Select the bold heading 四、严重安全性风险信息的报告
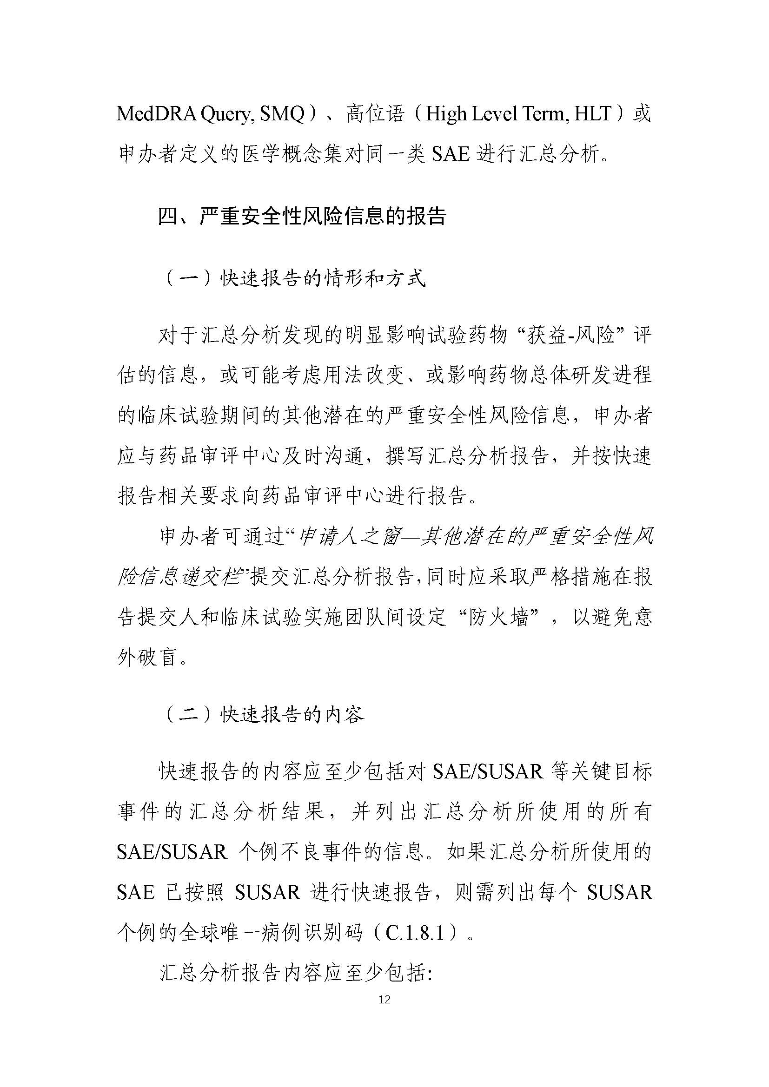(302, 217)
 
